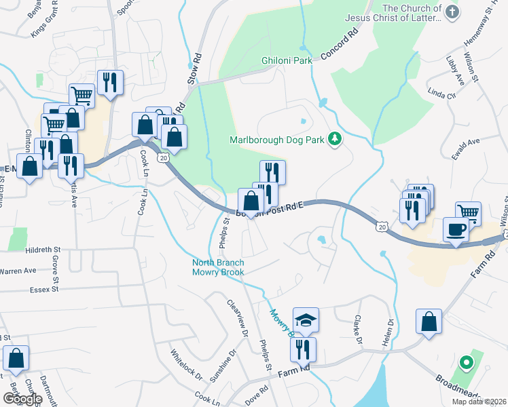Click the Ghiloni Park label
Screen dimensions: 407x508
[x=286, y=60]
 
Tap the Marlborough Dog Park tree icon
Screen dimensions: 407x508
[x=333, y=139]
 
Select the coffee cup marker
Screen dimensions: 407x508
[x=454, y=229]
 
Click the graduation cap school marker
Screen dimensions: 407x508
[x=306, y=319]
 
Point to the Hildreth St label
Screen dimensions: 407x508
[x=43, y=250]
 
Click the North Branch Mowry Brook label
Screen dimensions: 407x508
[x=218, y=267]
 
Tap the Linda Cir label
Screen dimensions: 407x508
[x=441, y=92]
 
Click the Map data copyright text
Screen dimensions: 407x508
[x=479, y=402]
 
